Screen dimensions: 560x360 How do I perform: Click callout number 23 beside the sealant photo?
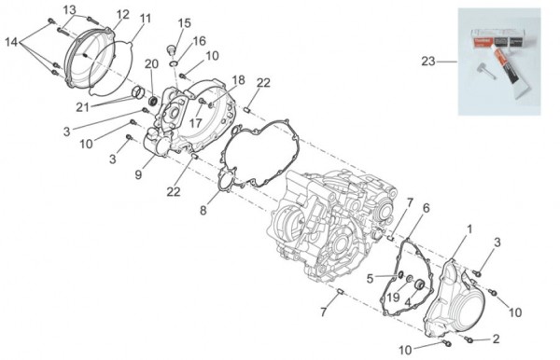428,62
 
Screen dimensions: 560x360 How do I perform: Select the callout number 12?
122,15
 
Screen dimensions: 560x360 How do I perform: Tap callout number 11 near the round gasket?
145,19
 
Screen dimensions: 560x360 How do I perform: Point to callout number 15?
184,23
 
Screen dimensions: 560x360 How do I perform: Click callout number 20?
151,64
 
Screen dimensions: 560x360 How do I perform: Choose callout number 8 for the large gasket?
203,211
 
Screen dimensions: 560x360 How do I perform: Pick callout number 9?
138,174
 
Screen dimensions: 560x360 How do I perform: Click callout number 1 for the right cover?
470,229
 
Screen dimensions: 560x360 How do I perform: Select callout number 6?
426,208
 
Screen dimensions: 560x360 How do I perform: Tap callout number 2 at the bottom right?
496,339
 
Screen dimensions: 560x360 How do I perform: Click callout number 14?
11,42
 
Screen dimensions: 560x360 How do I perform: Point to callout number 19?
393,297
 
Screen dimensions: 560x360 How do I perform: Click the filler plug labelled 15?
172,48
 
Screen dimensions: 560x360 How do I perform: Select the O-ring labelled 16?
174,63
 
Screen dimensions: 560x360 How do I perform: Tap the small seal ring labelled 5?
400,274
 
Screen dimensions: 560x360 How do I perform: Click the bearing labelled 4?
419,284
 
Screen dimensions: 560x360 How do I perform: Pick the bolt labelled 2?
469,340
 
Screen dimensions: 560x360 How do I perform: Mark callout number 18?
239,80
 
